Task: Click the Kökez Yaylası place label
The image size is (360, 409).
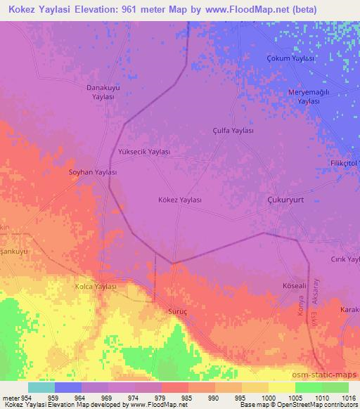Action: click(x=179, y=200)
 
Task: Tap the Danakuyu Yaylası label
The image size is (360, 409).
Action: click(x=104, y=93)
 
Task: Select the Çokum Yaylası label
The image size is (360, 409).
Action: click(x=290, y=58)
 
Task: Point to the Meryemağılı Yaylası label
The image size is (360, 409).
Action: click(x=308, y=97)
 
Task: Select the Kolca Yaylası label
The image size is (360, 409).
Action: click(x=95, y=287)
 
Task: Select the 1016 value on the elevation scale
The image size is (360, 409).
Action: click(x=349, y=398)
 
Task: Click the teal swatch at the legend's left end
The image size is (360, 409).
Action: click(x=41, y=387)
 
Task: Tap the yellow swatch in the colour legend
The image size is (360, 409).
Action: click(x=281, y=387)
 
